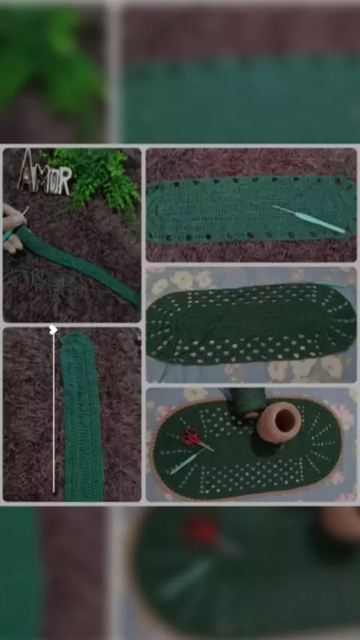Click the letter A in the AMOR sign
(26, 171)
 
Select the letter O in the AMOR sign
(56, 180)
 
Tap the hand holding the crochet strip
(12, 227)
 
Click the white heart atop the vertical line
(53, 330)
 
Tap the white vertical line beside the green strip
(53, 413)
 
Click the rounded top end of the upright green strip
(76, 339)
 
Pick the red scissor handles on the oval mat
(190, 436)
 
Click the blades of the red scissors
(205, 446)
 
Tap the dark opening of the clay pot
(285, 421)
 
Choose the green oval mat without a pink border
(251, 324)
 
